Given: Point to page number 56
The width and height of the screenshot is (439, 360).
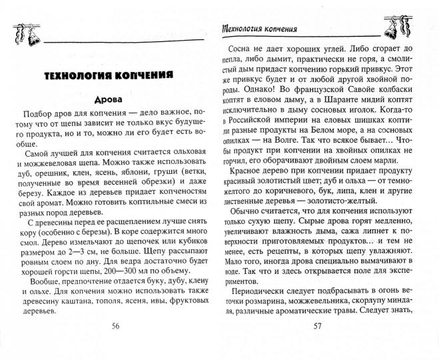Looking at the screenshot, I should pos(115,345).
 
